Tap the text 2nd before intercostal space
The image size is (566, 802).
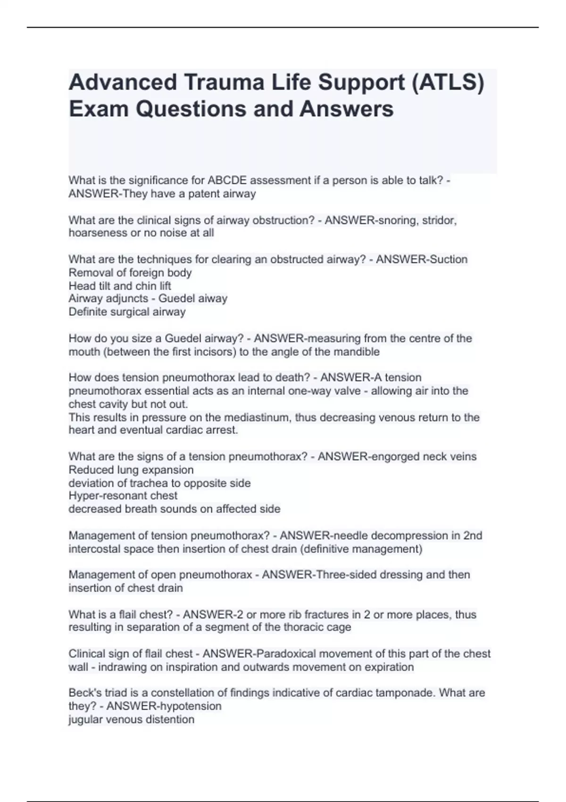pos(473,536)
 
